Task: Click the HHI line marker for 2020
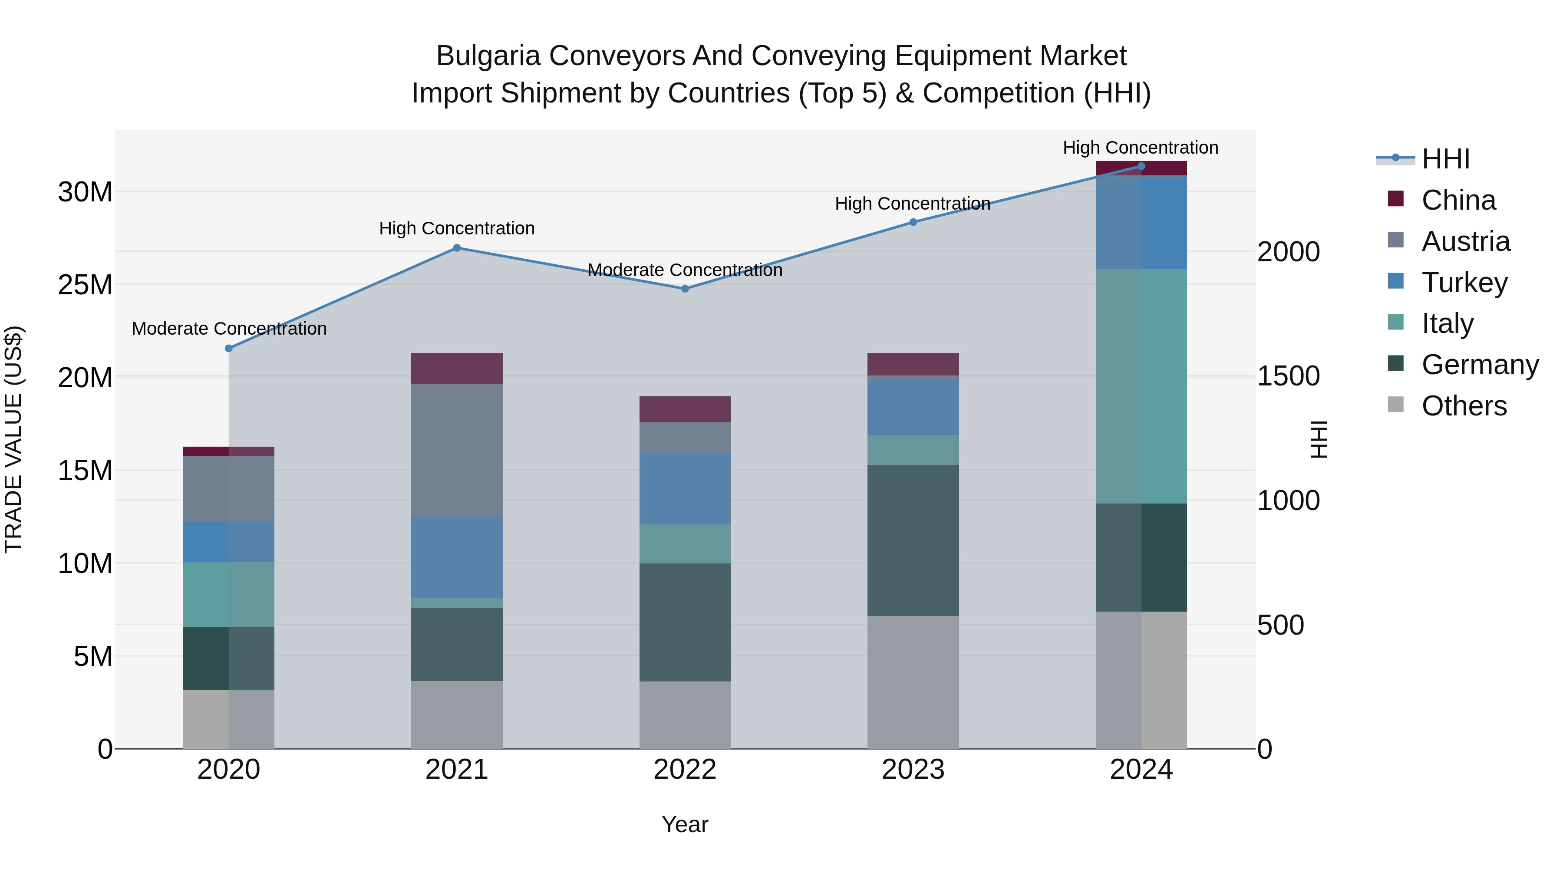click(x=229, y=348)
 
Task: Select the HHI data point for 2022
click(x=685, y=289)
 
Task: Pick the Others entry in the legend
click(x=1464, y=406)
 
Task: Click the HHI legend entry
click(x=1445, y=159)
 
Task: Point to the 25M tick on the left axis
click(x=85, y=284)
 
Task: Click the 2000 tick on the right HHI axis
click(x=1288, y=252)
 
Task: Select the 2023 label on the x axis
click(x=913, y=770)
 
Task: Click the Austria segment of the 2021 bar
click(x=457, y=450)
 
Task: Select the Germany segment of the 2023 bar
click(x=913, y=540)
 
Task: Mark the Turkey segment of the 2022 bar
click(x=685, y=488)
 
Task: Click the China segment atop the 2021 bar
click(x=457, y=368)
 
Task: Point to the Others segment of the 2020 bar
click(x=229, y=719)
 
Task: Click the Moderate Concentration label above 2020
click(x=229, y=328)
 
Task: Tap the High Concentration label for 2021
click(x=457, y=228)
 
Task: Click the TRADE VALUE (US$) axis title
click(x=13, y=439)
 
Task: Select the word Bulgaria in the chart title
click(x=488, y=56)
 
